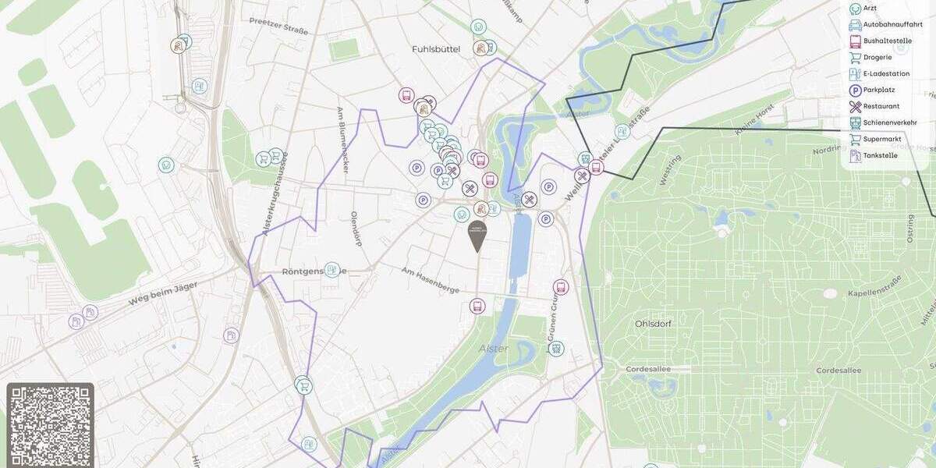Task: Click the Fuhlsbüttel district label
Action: pos(436,49)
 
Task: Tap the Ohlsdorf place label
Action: pos(654,323)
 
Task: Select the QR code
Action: pos(51,425)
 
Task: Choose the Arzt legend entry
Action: pos(870,8)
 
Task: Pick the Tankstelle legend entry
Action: pos(880,155)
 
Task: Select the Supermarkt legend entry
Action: pos(882,139)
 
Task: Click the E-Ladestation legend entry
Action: pos(886,73)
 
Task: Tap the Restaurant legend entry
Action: pos(881,106)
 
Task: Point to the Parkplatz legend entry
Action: pos(879,90)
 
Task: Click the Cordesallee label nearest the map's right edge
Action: pos(838,370)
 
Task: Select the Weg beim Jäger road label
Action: pos(164,292)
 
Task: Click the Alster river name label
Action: pos(494,349)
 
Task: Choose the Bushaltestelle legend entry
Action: pos(888,41)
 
